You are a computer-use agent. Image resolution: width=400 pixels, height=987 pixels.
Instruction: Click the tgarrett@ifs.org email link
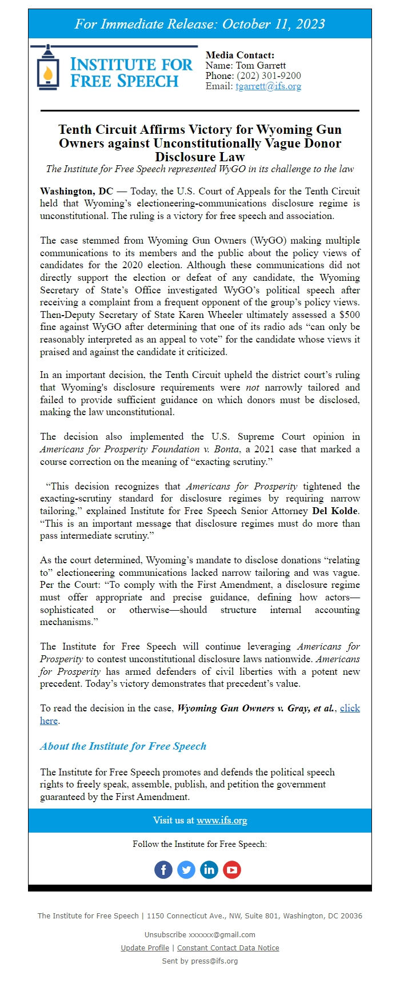tap(268, 86)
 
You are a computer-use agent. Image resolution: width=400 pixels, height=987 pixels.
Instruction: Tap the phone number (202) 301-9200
tap(269, 76)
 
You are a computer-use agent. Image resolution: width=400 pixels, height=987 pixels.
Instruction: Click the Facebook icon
tap(163, 870)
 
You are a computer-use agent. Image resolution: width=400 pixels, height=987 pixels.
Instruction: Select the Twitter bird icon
tap(186, 870)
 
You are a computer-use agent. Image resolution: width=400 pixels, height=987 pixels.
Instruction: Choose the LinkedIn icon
tap(209, 870)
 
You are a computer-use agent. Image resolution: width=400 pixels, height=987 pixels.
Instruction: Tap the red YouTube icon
tap(232, 870)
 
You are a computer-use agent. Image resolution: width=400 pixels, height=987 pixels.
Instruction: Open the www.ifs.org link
tap(222, 821)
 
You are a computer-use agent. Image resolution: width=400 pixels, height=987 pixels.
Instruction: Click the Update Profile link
tap(145, 948)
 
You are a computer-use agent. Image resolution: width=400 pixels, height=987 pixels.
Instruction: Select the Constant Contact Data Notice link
tap(228, 948)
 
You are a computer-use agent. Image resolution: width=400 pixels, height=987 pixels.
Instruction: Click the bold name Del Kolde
tap(335, 511)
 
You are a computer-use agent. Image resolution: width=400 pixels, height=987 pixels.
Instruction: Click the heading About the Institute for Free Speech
tap(123, 746)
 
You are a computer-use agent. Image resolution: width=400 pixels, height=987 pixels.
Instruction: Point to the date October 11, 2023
tap(274, 24)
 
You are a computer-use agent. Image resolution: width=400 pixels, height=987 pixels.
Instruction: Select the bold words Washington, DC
tap(76, 191)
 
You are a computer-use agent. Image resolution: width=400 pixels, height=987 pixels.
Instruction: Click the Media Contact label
tap(240, 55)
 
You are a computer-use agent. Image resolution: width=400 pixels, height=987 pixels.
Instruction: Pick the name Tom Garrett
tap(261, 66)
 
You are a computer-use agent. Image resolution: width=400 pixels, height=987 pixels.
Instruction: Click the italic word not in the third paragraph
tap(253, 387)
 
